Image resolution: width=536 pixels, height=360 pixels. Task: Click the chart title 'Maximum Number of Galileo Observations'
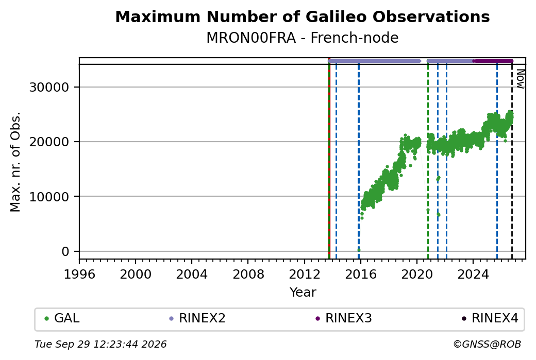(303, 16)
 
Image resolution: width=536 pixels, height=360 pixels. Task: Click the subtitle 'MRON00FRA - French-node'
(303, 38)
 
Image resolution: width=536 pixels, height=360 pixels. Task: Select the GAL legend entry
(62, 318)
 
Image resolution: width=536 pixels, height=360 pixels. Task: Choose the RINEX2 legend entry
(197, 318)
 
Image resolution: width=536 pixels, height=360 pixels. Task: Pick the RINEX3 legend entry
(344, 318)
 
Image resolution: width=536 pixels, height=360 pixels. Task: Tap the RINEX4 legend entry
(490, 318)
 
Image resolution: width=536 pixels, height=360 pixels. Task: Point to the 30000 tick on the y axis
(49, 88)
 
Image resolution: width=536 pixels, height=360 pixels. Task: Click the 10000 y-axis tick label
(49, 197)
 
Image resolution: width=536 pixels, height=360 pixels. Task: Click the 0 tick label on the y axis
(65, 252)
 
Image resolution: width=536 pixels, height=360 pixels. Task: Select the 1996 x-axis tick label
(79, 275)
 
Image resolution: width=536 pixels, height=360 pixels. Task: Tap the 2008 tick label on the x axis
(248, 275)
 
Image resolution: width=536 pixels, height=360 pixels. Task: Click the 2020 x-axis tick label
(417, 275)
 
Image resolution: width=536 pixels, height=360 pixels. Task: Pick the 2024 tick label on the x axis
(473, 275)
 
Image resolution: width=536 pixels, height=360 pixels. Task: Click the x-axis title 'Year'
(303, 293)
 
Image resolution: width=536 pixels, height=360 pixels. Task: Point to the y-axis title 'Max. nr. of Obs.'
(15, 162)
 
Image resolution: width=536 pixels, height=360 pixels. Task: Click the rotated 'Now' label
(520, 79)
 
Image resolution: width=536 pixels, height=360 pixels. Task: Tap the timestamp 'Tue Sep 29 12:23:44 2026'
(100, 344)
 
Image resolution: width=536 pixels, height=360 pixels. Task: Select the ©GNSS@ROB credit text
(487, 344)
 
